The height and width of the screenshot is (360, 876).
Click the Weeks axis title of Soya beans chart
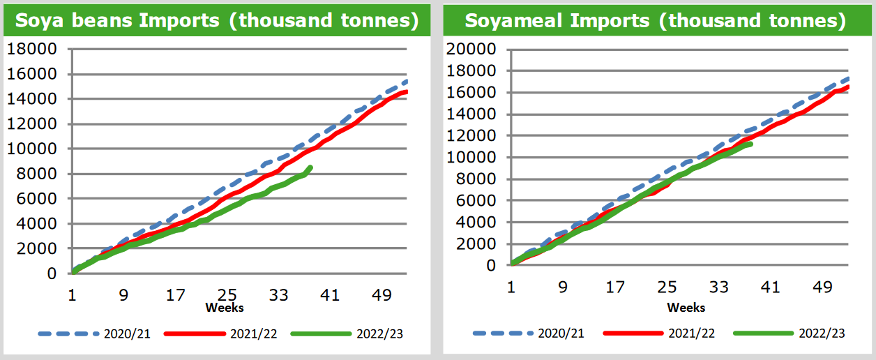(225, 307)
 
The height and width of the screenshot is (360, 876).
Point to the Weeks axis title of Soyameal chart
(686, 307)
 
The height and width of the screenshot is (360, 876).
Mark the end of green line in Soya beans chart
(310, 167)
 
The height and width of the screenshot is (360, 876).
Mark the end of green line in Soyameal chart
(750, 144)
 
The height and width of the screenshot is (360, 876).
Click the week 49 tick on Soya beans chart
(382, 295)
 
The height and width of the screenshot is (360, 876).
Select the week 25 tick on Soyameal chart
(667, 287)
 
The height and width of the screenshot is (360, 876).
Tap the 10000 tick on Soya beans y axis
(44, 149)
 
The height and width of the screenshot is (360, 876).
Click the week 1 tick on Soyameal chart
(512, 287)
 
